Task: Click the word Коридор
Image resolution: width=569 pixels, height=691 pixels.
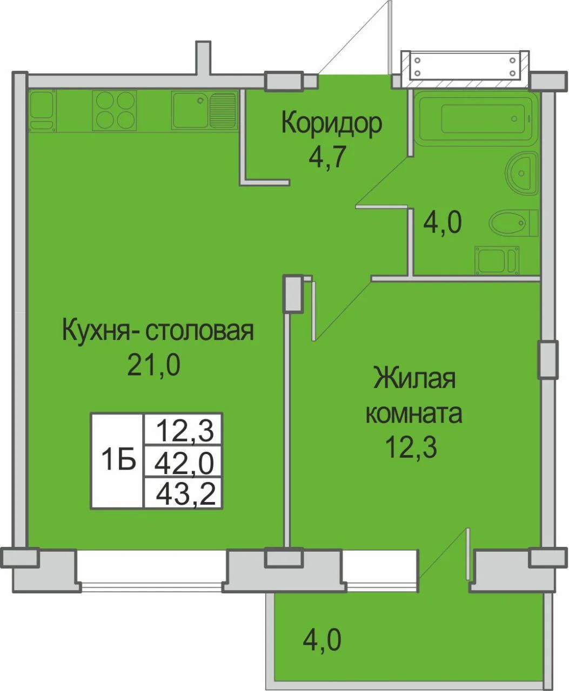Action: tap(332, 124)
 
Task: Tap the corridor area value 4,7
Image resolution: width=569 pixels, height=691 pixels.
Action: tap(327, 157)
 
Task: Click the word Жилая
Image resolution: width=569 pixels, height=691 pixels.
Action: tap(414, 379)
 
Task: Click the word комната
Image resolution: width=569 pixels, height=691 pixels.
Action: tap(414, 414)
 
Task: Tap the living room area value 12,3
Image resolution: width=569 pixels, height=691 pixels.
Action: tap(412, 448)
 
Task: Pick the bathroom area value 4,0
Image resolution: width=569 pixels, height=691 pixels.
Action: tap(443, 222)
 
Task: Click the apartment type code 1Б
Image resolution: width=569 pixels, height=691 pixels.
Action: tap(118, 459)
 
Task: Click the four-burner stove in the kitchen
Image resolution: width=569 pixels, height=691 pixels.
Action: tap(115, 110)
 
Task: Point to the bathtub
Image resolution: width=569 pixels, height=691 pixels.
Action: tap(476, 119)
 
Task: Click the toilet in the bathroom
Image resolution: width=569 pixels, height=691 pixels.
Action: tap(513, 223)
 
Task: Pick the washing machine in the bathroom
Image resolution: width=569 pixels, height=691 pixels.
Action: tap(497, 260)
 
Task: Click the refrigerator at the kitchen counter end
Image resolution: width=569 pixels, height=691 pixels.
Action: tap(42, 111)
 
